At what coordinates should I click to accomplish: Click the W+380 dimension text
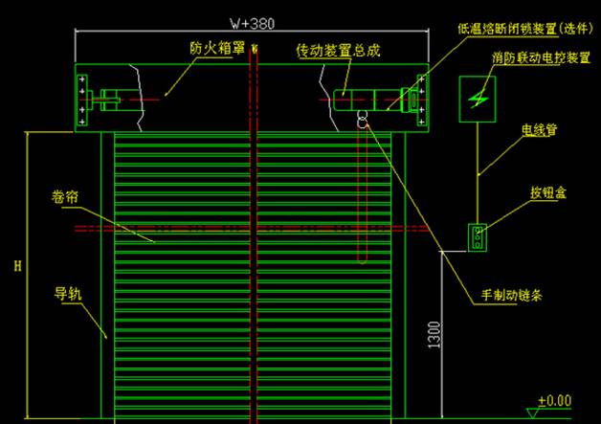click(x=251, y=21)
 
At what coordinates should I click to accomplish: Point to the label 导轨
click(x=66, y=293)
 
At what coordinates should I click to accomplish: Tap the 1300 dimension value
click(x=434, y=334)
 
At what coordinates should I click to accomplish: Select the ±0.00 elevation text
click(x=554, y=400)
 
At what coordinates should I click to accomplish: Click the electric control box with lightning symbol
click(x=478, y=99)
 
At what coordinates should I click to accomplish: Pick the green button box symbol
click(x=477, y=236)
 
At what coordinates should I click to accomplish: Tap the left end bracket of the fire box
click(x=83, y=97)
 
